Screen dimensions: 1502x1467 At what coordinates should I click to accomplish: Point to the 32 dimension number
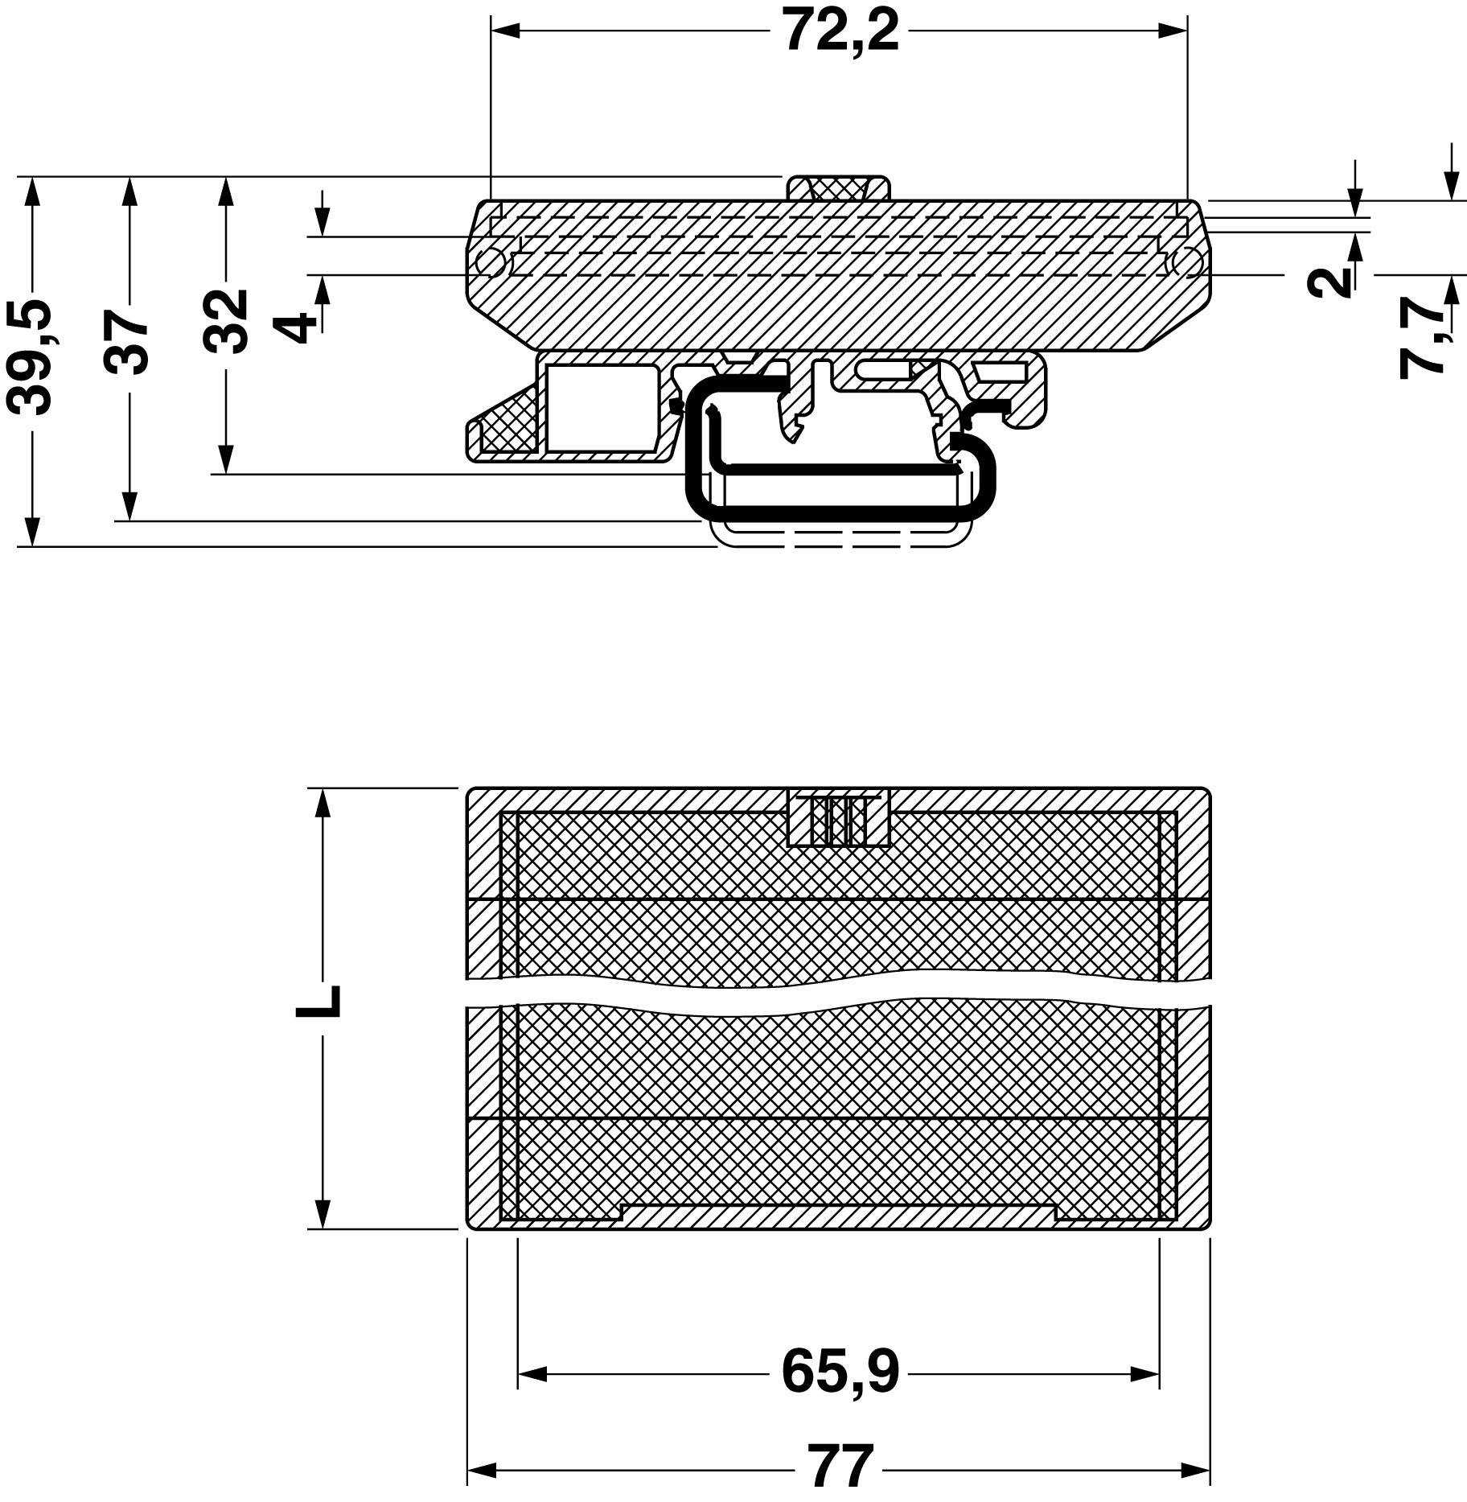[225, 321]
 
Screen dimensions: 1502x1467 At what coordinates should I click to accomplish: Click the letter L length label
[319, 1002]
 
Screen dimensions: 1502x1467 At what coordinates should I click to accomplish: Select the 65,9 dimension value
[840, 1372]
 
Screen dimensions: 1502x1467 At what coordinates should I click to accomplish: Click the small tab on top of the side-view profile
[838, 188]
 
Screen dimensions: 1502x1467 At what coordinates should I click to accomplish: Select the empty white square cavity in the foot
[601, 407]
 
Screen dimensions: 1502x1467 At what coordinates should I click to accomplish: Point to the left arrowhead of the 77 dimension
[481, 1471]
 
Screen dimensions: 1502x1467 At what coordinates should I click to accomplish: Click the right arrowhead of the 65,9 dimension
[1145, 1374]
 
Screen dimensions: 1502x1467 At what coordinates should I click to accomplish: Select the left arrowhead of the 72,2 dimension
[505, 31]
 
